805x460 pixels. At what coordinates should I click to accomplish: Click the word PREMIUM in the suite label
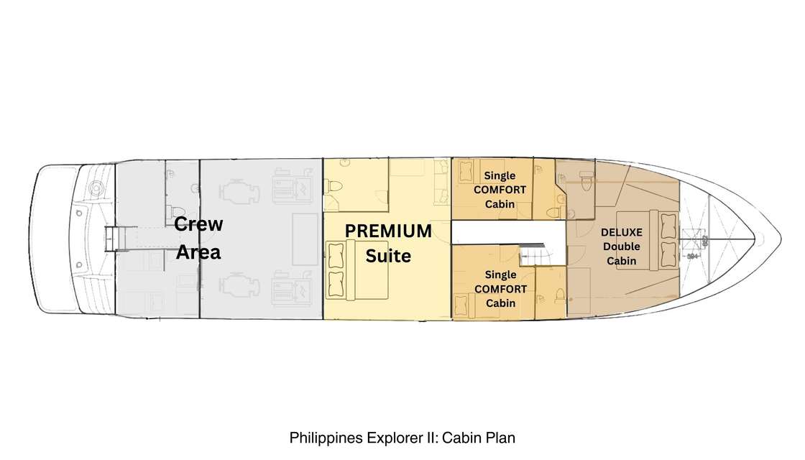coord(388,231)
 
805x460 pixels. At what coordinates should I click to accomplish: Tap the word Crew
coord(198,224)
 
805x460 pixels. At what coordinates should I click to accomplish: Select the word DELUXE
coord(621,232)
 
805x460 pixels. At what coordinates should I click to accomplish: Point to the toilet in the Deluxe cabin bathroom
coord(586,181)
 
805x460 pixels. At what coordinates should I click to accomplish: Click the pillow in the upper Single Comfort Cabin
coord(466,172)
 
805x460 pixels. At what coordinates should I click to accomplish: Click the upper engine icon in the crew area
coord(239,193)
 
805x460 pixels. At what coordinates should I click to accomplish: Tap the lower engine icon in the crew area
coord(239,285)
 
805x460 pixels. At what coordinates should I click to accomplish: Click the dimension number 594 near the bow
coord(692,256)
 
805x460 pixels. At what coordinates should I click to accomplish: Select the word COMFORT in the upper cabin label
coord(500,190)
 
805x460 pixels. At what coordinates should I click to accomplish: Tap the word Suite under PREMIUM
coord(388,256)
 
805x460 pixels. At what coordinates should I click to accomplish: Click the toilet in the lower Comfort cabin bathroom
coord(559,296)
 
